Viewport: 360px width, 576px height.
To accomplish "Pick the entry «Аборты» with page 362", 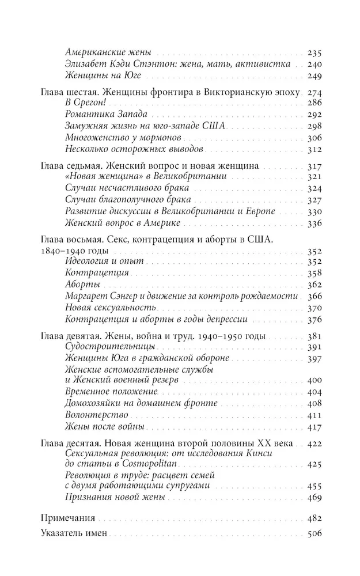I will click(x=82, y=285).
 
